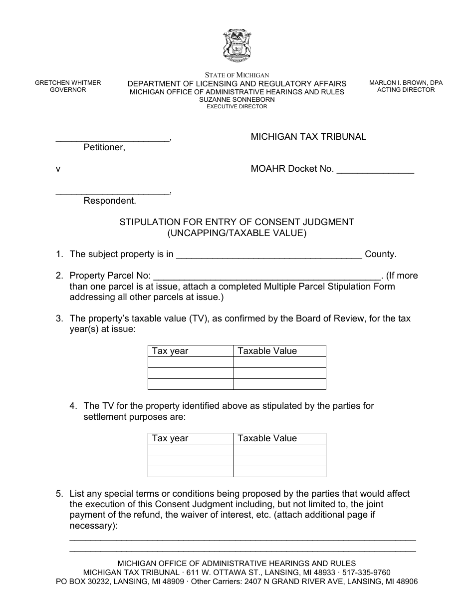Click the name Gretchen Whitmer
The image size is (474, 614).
pyautogui.click(x=68, y=83)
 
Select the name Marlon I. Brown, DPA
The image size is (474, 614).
pyautogui.click(x=406, y=83)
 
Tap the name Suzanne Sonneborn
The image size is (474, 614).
pyautogui.click(x=237, y=99)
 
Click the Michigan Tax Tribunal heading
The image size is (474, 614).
pyautogui.click(x=308, y=137)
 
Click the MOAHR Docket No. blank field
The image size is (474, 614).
pyautogui.click(x=375, y=172)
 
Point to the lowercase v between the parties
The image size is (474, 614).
pyautogui.click(x=58, y=169)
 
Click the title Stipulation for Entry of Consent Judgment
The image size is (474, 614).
pyautogui.click(x=237, y=222)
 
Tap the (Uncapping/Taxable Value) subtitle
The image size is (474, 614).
pyautogui.click(x=237, y=233)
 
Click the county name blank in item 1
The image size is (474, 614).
pyautogui.click(x=269, y=257)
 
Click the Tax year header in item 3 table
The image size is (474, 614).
pyautogui.click(x=170, y=351)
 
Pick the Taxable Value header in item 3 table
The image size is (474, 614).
pyautogui.click(x=267, y=351)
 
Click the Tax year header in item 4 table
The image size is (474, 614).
pyautogui.click(x=170, y=438)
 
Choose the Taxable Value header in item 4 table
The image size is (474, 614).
pyautogui.click(x=267, y=438)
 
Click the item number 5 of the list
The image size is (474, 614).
pyautogui.click(x=59, y=494)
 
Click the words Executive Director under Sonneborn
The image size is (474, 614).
pyautogui.click(x=237, y=106)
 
